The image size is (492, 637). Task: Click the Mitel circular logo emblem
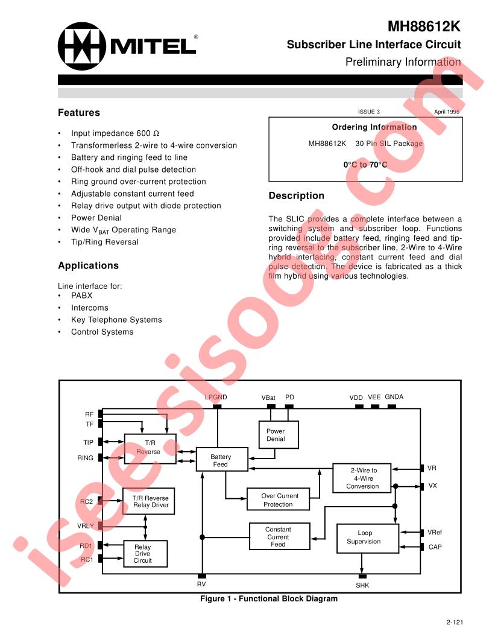[x=81, y=46]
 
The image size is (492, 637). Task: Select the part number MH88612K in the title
[x=424, y=27]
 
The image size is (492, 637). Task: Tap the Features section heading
[x=79, y=113]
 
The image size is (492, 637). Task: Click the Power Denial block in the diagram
[x=279, y=435]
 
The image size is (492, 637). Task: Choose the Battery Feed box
[x=222, y=460]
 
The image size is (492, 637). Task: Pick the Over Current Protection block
[x=278, y=499]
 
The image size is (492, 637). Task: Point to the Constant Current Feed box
[x=279, y=536]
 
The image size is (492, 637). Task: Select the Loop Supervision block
[x=367, y=538]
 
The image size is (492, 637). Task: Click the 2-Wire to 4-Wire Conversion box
[x=362, y=478]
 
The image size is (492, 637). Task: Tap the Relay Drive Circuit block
[x=145, y=553]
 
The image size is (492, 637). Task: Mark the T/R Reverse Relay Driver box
[x=148, y=501]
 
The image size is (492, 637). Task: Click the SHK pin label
[x=362, y=585]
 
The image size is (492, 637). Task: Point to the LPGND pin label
[x=216, y=398]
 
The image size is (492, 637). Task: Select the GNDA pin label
[x=394, y=397]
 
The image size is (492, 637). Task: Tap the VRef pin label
[x=434, y=532]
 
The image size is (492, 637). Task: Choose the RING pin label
[x=85, y=458]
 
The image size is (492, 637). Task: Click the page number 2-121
[x=455, y=622]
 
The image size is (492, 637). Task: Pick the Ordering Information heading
[x=374, y=127]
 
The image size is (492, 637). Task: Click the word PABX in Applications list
[x=81, y=296]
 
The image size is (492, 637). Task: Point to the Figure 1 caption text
[x=269, y=598]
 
